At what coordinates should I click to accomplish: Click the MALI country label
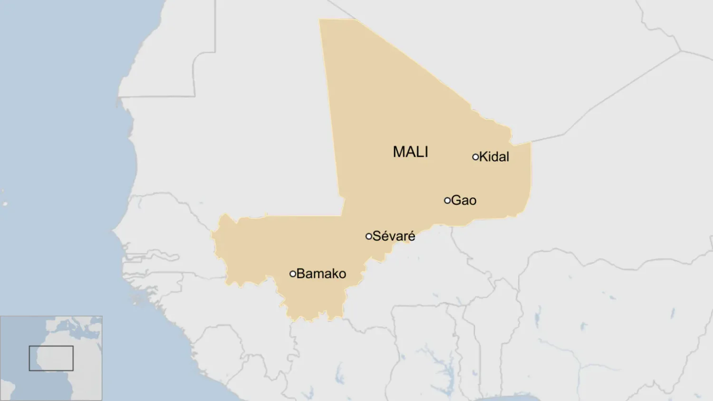coord(410,152)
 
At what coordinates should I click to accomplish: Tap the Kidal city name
coord(494,157)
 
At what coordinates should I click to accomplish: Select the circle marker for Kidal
coord(475,157)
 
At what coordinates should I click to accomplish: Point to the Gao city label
coord(463,200)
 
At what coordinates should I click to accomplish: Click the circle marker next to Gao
coord(447,200)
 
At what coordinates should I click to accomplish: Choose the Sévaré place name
coord(394,236)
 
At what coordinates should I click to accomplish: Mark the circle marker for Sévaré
coord(369,236)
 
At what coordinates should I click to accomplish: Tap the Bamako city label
coord(321,274)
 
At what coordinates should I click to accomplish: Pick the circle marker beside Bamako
coord(293,274)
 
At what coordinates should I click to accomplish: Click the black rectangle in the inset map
coord(51,358)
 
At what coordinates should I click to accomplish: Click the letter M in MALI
coord(399,152)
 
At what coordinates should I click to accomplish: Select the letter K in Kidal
coord(483,157)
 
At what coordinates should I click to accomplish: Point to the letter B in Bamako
coord(300,274)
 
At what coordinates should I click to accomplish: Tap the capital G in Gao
coord(456,200)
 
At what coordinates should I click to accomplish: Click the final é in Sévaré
coord(411,236)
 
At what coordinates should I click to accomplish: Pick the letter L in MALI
coord(420,152)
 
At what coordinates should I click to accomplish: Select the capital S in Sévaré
coord(377,236)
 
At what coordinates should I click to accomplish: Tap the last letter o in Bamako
coord(342,274)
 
